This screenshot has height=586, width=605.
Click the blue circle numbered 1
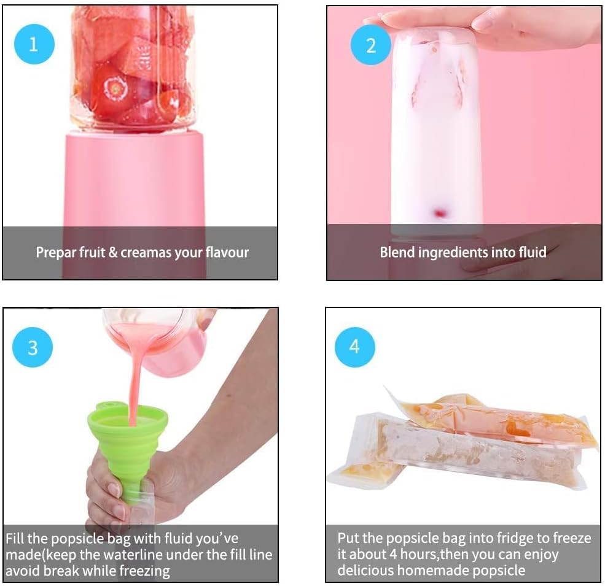[34, 44]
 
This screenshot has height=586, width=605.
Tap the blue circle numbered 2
[370, 45]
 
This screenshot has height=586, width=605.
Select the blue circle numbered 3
[33, 347]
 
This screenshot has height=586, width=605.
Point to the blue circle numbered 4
[354, 347]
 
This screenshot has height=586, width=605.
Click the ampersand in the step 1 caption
[113, 253]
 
